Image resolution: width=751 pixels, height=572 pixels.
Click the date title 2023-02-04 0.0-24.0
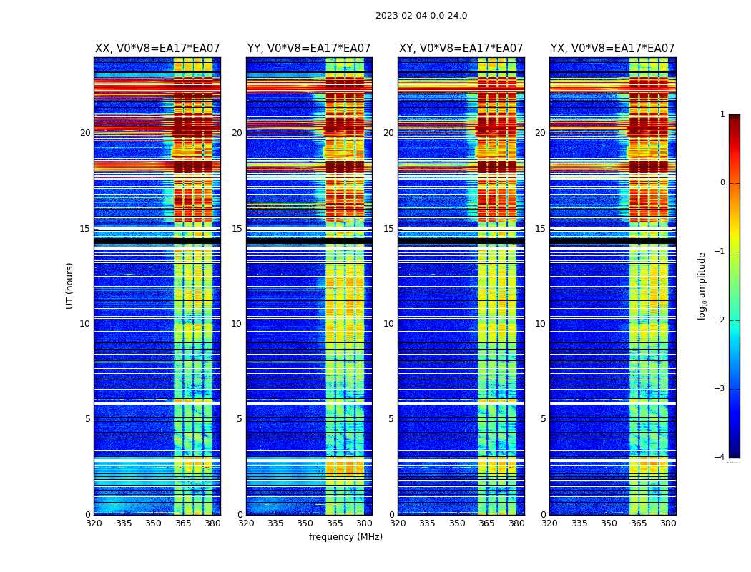click(421, 16)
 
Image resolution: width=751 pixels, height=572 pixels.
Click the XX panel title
click(157, 49)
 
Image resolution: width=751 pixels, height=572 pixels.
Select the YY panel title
click(309, 49)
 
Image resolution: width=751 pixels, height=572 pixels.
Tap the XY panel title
click(461, 49)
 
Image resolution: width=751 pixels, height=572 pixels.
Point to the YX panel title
click(613, 49)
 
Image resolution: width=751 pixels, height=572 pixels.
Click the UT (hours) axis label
click(70, 285)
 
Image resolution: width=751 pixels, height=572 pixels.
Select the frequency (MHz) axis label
click(345, 537)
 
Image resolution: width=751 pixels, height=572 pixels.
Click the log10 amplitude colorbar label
click(702, 285)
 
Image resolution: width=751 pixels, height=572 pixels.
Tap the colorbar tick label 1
click(722, 114)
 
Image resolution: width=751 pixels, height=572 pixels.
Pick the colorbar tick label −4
click(720, 458)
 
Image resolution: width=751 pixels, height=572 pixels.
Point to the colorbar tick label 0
click(722, 183)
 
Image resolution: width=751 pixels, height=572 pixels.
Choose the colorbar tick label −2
click(720, 320)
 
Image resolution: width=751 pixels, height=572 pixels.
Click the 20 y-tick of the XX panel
click(85, 133)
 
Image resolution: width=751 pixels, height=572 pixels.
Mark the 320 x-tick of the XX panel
click(94, 523)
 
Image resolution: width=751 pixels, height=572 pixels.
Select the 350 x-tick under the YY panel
click(305, 523)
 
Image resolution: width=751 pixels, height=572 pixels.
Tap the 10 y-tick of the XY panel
click(388, 324)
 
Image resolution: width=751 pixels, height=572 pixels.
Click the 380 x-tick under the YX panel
click(668, 523)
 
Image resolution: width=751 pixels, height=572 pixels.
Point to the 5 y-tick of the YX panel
click(543, 419)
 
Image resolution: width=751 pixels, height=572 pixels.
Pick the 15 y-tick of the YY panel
click(237, 229)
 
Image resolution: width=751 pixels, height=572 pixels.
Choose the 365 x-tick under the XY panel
click(486, 523)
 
